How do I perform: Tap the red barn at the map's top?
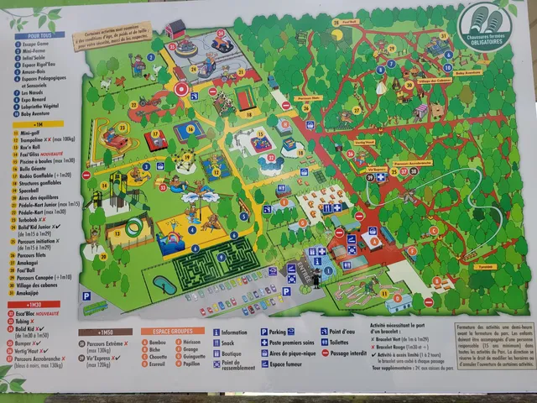(x=176, y=29)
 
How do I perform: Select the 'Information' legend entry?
(x=233, y=332)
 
